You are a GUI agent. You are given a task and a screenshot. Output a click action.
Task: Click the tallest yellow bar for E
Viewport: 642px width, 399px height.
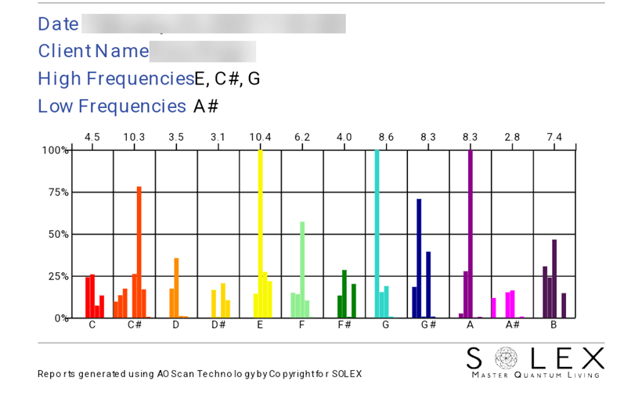click(x=260, y=235)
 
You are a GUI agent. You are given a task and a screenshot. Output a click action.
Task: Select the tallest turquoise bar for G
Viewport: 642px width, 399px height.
click(x=377, y=235)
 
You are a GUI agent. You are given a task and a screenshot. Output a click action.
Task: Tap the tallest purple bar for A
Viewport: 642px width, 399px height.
click(x=470, y=235)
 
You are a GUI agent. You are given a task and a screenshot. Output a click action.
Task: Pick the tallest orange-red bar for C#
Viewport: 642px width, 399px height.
click(x=139, y=252)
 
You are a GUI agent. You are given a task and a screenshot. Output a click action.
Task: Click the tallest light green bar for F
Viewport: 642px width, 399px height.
click(x=302, y=269)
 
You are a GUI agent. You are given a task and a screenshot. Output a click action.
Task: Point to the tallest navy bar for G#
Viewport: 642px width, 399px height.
click(x=419, y=258)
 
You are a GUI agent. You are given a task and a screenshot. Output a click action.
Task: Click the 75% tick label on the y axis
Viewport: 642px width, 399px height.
click(x=55, y=192)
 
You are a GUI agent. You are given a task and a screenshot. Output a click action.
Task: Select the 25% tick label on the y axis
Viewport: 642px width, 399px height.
click(x=55, y=276)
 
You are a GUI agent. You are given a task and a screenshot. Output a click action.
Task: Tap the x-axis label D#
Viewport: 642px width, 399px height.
click(x=218, y=325)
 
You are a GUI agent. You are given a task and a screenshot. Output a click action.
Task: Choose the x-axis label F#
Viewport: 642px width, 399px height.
click(x=344, y=325)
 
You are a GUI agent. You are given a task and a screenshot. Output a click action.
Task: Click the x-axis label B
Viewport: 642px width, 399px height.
click(x=554, y=325)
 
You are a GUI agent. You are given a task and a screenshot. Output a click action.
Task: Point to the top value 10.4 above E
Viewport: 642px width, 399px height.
click(x=260, y=137)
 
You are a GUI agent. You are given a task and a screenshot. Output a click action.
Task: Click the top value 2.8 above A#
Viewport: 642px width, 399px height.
click(x=512, y=137)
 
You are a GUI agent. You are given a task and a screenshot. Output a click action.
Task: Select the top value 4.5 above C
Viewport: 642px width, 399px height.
click(x=92, y=137)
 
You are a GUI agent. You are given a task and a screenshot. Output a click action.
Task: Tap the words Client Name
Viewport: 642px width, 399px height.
click(x=93, y=52)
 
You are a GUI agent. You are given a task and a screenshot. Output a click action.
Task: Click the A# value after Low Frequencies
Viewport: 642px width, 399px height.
click(x=205, y=106)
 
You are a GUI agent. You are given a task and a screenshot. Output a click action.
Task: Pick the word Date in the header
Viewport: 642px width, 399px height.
click(x=58, y=24)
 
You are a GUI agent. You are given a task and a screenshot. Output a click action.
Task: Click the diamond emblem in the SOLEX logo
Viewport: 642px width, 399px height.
click(x=506, y=358)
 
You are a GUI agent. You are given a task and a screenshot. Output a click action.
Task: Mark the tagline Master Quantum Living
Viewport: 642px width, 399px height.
click(x=535, y=376)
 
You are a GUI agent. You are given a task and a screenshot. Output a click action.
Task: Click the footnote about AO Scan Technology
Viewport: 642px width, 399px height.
click(x=200, y=374)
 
